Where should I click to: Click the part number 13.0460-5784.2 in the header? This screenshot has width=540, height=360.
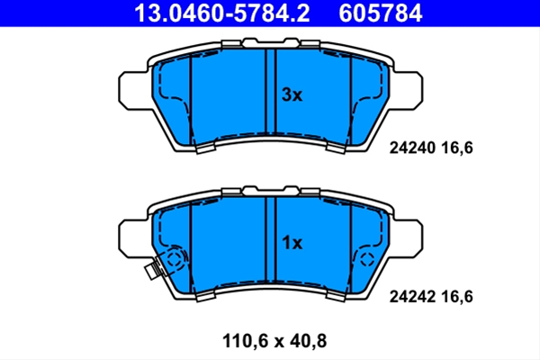(222, 13)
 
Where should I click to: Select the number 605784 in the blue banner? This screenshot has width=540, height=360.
(380, 13)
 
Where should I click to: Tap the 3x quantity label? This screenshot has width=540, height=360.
(292, 94)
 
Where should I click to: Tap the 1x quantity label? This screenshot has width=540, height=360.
(292, 243)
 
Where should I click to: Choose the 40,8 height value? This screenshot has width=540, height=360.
(308, 341)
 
